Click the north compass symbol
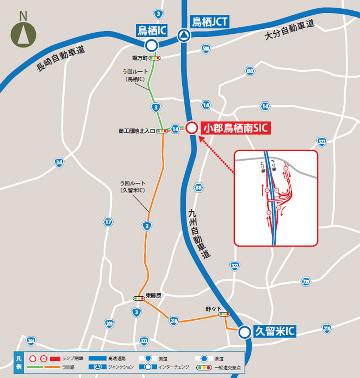tap(23, 33)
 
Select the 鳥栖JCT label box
tap(209, 21)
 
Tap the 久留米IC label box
tap(275, 332)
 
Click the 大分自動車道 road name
tap(289, 31)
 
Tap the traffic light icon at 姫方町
tap(155, 58)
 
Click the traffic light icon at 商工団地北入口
tap(162, 131)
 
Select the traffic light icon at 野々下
tap(224, 314)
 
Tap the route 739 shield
tap(305, 281)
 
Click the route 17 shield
tap(108, 222)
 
